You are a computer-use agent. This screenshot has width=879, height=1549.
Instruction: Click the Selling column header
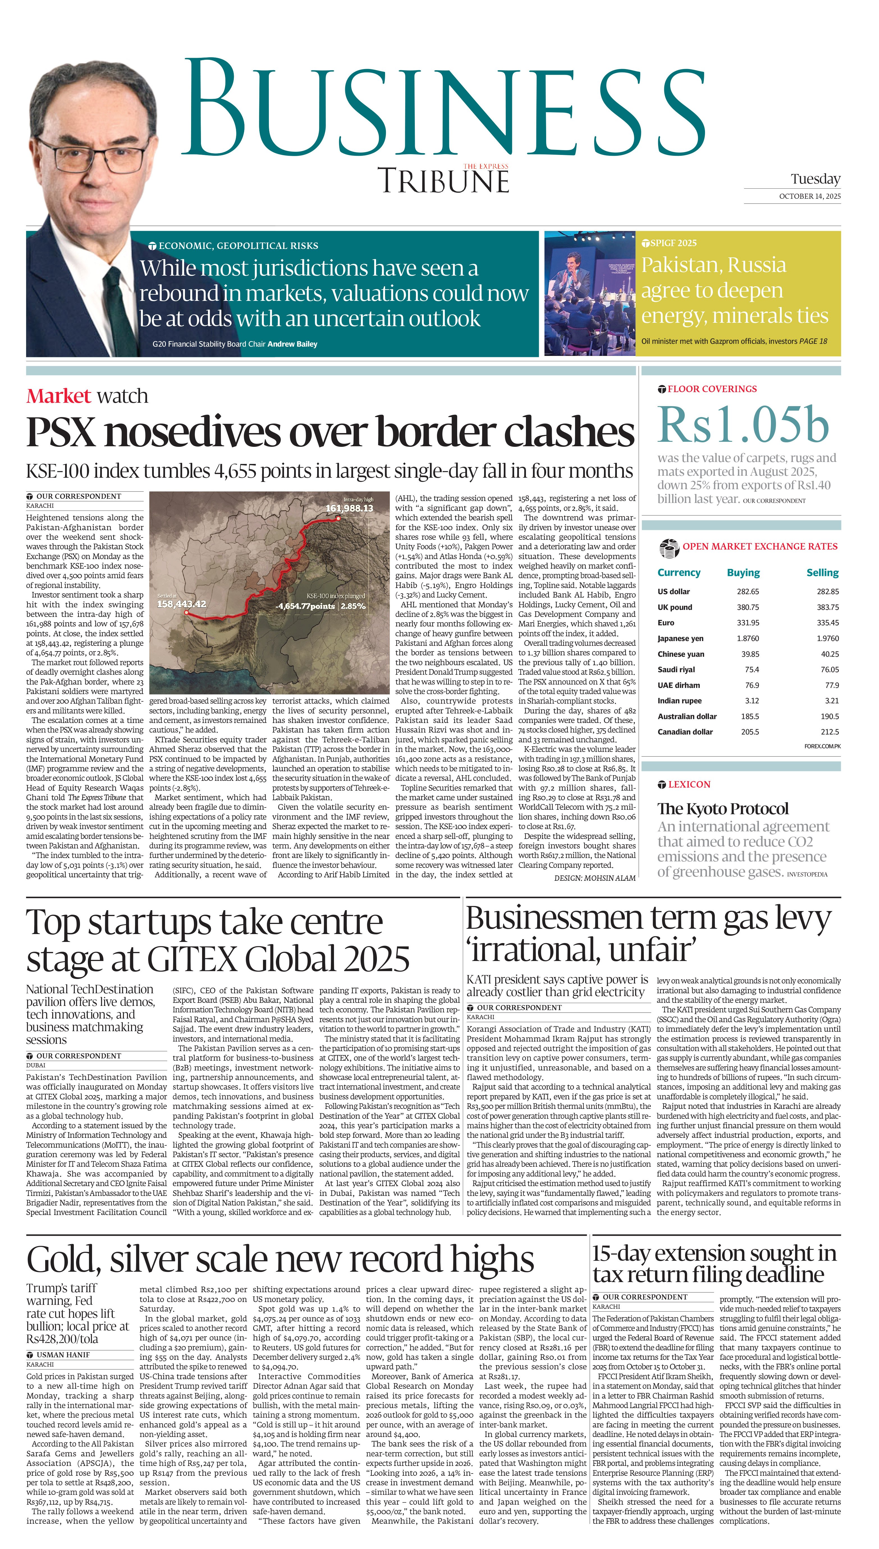click(822, 572)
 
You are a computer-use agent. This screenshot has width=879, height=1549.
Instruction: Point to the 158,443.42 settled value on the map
click(181, 604)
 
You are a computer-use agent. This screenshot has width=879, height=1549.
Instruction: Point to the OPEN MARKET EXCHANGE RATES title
click(759, 546)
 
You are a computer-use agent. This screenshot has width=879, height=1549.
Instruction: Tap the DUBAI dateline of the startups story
click(36, 1065)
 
